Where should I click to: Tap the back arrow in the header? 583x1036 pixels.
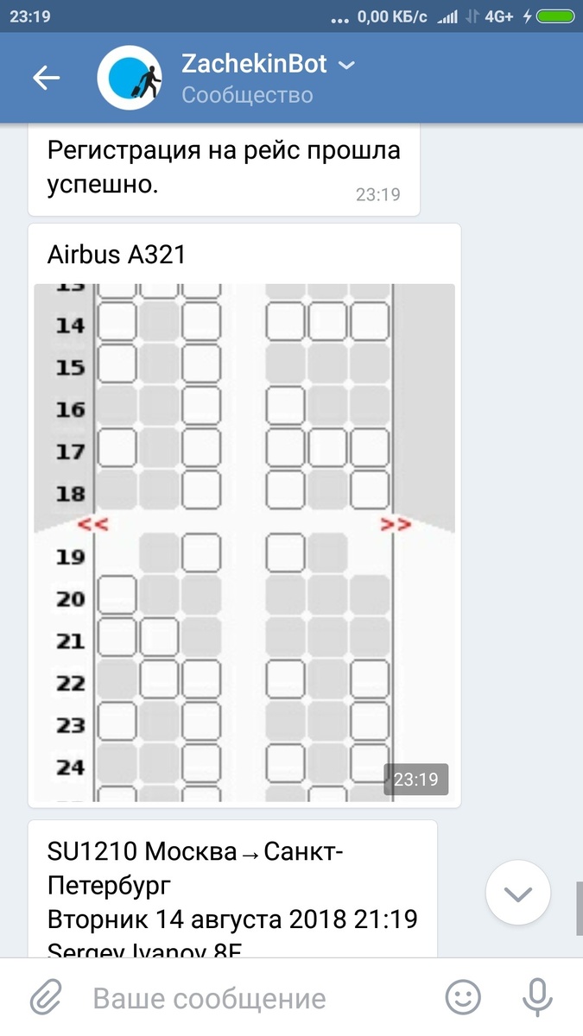pyautogui.click(x=46, y=78)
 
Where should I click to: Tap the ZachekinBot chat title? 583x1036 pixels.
pyautogui.click(x=254, y=64)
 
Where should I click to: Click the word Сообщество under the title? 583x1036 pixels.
pyautogui.click(x=247, y=94)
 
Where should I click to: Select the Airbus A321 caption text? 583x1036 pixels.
pyautogui.click(x=117, y=255)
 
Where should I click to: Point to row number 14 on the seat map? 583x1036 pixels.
pyautogui.click(x=71, y=325)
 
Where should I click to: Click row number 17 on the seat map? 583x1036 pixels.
pyautogui.click(x=71, y=452)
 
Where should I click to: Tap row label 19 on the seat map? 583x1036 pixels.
pyautogui.click(x=71, y=557)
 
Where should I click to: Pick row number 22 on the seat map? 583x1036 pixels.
pyautogui.click(x=71, y=683)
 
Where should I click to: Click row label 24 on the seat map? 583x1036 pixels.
pyautogui.click(x=71, y=767)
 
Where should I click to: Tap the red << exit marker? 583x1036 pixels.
pyautogui.click(x=92, y=524)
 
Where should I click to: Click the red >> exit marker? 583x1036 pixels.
pyautogui.click(x=396, y=524)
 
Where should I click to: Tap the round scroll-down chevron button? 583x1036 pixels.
pyautogui.click(x=518, y=894)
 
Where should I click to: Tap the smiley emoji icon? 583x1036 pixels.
pyautogui.click(x=463, y=999)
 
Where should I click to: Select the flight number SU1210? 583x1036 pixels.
pyautogui.click(x=92, y=852)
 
